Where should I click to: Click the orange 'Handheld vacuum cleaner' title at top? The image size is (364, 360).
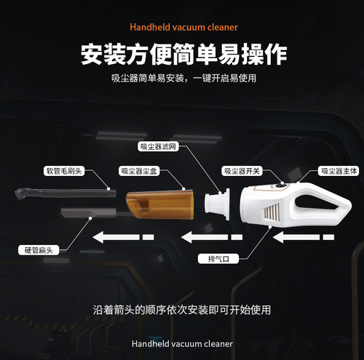(183, 28)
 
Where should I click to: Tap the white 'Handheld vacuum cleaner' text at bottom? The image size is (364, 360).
(182, 343)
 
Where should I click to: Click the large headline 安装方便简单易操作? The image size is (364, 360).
(182, 54)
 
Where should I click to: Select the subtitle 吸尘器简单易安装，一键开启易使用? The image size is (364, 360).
(182, 78)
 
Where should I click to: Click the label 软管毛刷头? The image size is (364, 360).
(66, 171)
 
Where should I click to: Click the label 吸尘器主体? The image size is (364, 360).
(339, 171)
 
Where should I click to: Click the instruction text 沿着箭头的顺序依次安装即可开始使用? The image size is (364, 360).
(182, 309)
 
